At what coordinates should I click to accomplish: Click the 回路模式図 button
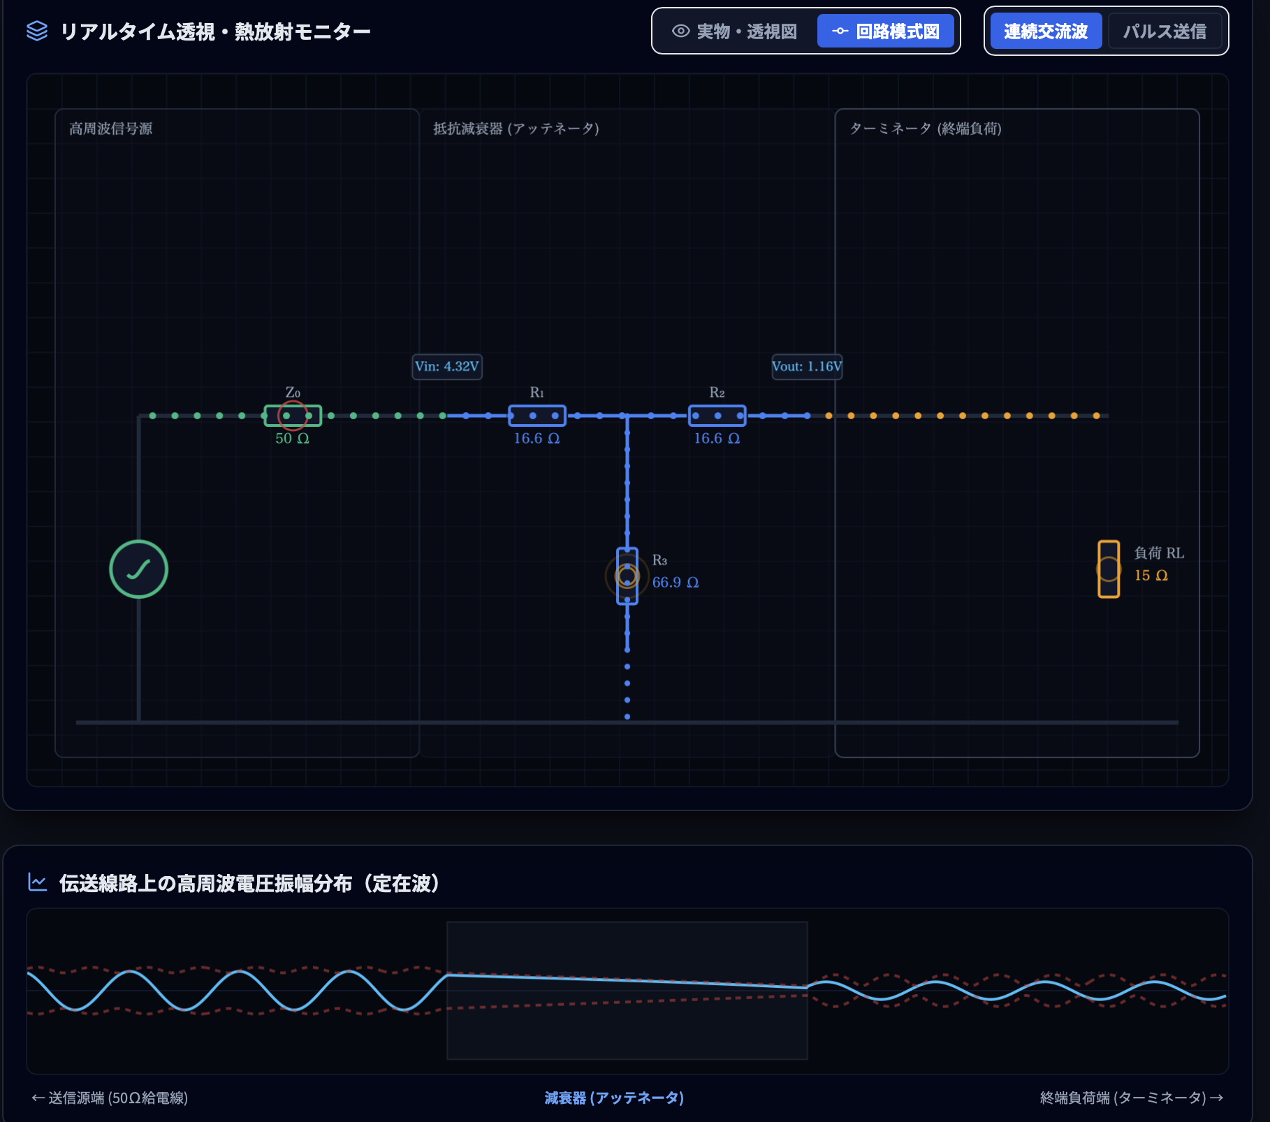tap(885, 31)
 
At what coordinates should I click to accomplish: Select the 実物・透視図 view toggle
tap(734, 31)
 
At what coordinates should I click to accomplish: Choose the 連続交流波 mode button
tap(1046, 31)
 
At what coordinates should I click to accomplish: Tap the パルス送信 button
tap(1165, 31)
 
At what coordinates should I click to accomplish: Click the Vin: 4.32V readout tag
tap(447, 367)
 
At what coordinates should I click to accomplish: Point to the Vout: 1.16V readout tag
tap(807, 367)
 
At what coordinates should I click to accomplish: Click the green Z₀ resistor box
tap(293, 416)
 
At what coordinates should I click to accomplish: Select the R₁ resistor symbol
tap(537, 416)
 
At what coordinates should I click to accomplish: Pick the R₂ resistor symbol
tap(717, 416)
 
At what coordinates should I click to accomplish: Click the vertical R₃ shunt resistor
tap(627, 576)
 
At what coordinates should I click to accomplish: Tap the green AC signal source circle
tap(138, 569)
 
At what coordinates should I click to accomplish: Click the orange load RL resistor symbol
tap(1109, 569)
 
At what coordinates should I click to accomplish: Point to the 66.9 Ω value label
tap(676, 583)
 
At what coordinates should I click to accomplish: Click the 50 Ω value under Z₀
tap(292, 439)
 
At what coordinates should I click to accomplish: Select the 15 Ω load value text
tap(1151, 576)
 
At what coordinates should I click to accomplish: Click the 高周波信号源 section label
tap(111, 129)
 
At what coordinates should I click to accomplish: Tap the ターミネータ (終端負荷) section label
tap(926, 129)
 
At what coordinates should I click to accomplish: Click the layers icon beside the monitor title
tap(37, 31)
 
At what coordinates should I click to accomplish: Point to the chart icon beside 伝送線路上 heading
tap(37, 882)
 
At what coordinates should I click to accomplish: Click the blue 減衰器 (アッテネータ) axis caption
tap(614, 1098)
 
